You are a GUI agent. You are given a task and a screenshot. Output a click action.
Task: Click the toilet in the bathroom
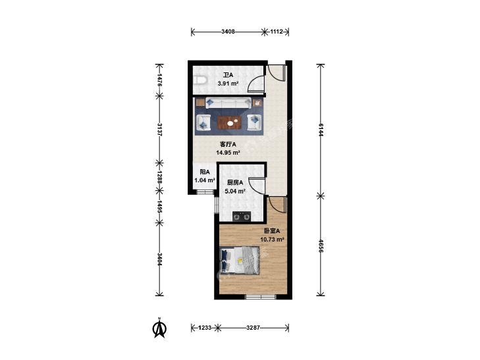(x=201, y=80)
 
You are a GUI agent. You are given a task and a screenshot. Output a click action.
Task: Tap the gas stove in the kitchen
(x=242, y=217)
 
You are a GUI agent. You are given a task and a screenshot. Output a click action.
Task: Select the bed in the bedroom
(x=240, y=260)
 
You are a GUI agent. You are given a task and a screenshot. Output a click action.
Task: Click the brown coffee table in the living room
(x=229, y=122)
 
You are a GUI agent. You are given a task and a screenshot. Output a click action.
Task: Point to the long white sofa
(x=228, y=103)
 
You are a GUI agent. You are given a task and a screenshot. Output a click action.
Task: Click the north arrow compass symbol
(x=159, y=328)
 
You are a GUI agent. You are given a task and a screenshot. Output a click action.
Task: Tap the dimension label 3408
(x=228, y=32)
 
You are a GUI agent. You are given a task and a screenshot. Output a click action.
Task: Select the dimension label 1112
(x=276, y=32)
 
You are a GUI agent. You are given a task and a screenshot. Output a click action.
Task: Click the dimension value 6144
(x=321, y=130)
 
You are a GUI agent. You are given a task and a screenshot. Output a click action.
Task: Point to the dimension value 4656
(x=321, y=245)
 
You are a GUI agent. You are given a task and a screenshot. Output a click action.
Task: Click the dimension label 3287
(x=253, y=328)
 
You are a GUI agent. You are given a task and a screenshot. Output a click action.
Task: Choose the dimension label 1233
(x=205, y=328)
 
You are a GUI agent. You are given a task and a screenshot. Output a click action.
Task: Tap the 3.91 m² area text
(x=228, y=83)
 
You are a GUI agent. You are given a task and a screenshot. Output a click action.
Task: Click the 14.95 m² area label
(x=228, y=152)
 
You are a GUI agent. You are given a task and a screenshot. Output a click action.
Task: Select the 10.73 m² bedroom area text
(x=272, y=240)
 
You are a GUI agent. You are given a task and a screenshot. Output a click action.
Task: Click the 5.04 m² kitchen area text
(x=235, y=192)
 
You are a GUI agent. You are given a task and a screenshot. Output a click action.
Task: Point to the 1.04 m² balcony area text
(x=205, y=180)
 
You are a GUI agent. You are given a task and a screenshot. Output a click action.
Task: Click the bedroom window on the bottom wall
(x=261, y=296)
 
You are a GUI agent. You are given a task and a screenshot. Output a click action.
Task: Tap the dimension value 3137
(x=159, y=130)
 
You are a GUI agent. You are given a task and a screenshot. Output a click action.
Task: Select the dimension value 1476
(x=159, y=80)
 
